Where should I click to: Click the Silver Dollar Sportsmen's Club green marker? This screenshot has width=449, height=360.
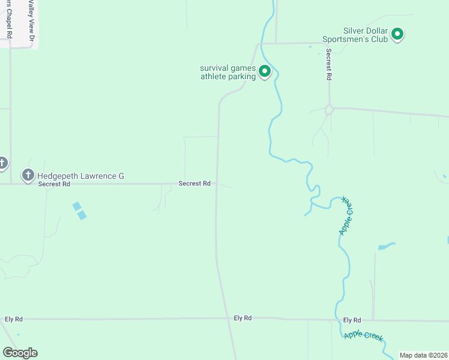click(397, 35)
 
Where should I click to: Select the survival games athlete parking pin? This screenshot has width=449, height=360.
click(265, 72)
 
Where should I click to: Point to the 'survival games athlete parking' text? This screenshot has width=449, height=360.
click(228, 72)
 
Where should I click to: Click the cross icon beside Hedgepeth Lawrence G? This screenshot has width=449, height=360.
click(28, 175)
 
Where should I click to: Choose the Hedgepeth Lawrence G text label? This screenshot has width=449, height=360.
click(80, 176)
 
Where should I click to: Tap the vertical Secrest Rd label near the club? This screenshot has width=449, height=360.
click(329, 65)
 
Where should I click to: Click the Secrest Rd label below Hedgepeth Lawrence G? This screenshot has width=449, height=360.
click(50, 184)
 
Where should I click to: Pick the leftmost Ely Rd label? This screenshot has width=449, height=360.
click(13, 319)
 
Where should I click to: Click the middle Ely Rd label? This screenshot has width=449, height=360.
click(243, 318)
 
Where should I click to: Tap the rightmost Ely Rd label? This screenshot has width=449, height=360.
click(352, 320)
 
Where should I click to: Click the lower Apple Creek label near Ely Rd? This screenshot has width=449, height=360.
click(363, 336)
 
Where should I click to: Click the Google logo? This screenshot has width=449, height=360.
click(20, 353)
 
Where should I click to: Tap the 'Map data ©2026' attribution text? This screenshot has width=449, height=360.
click(423, 355)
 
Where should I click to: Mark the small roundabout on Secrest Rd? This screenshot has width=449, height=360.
click(329, 110)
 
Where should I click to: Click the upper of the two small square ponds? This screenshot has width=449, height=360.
click(76, 206)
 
